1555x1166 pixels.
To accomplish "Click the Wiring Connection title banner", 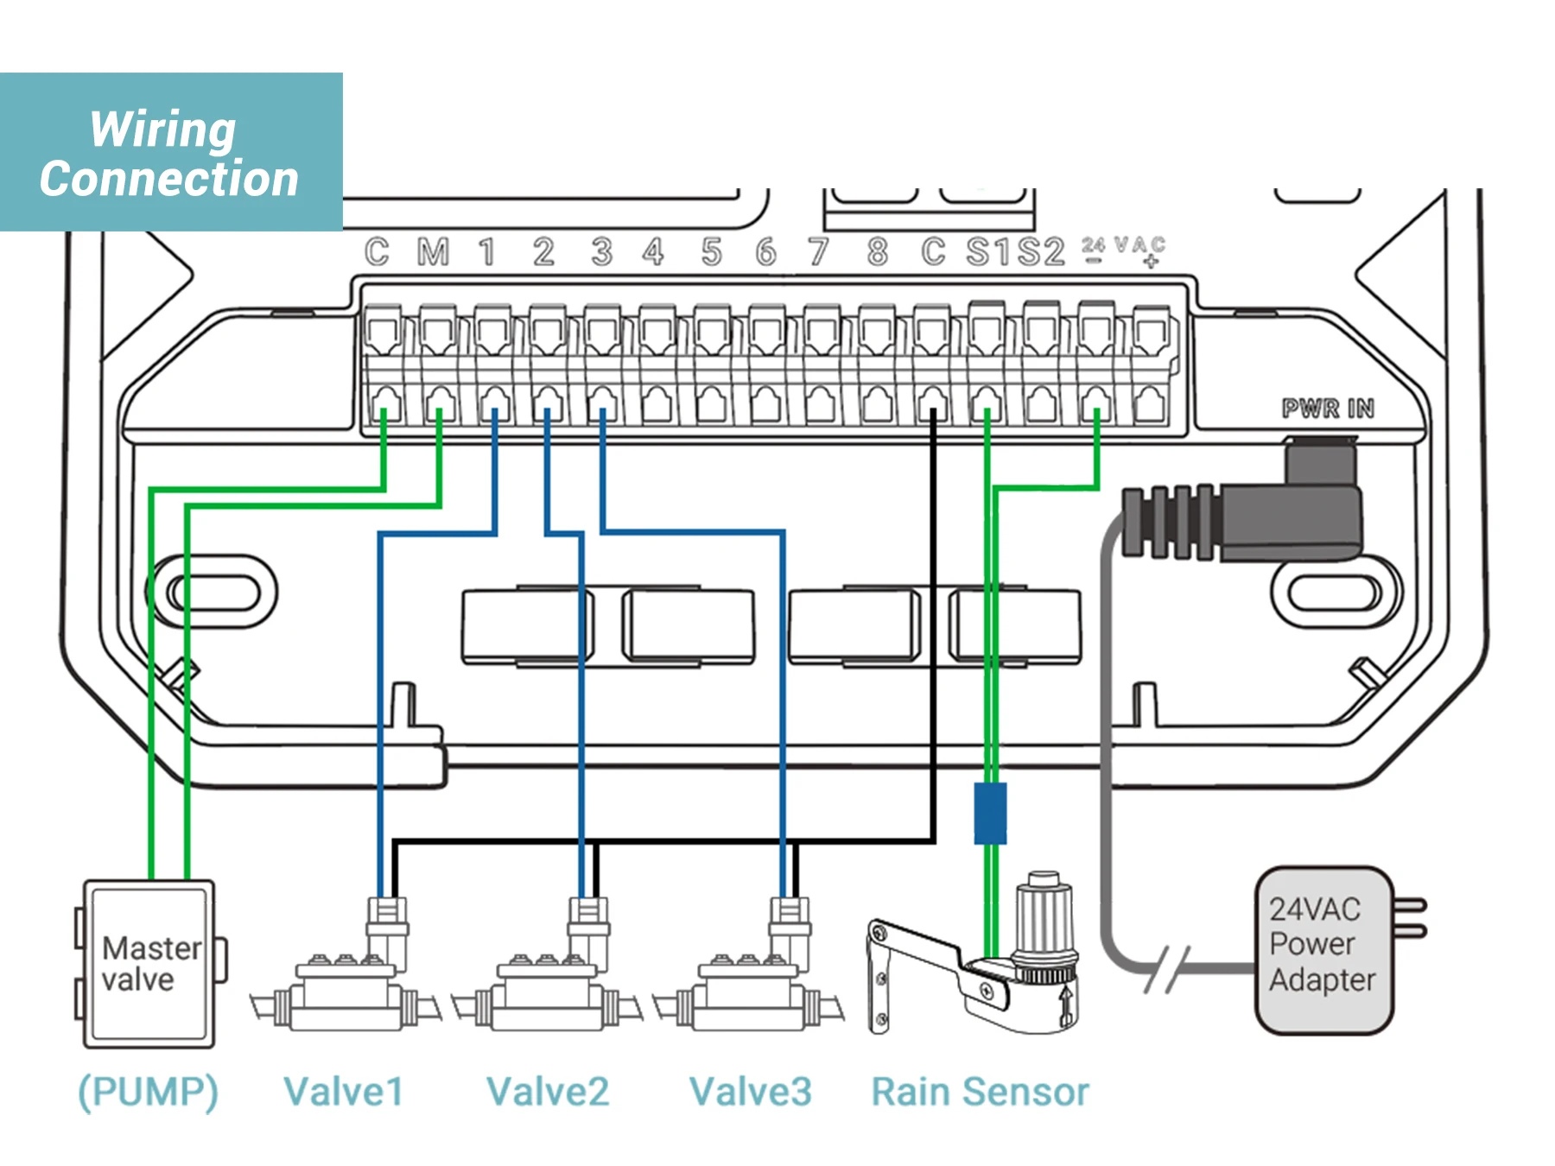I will [170, 153].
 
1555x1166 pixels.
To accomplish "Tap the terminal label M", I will [433, 252].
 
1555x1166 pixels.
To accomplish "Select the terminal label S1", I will [988, 252].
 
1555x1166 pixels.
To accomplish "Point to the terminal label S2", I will [1041, 252].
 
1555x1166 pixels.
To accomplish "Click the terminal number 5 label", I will [711, 252].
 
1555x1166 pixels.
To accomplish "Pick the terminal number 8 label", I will [877, 252].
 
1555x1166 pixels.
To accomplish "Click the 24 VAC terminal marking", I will [1123, 250].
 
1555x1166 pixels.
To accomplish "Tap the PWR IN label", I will [1327, 408].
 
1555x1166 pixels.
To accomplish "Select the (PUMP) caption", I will [148, 1092].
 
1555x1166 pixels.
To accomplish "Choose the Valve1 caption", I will [343, 1092].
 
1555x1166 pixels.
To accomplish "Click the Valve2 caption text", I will [548, 1092].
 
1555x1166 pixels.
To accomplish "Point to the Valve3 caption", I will [750, 1092].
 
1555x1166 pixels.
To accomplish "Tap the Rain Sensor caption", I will [980, 1092].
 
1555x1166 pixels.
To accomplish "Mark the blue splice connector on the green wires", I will [990, 813].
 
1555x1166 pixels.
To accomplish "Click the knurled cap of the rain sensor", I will [1044, 916].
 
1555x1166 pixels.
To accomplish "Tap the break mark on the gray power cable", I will [1167, 968].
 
